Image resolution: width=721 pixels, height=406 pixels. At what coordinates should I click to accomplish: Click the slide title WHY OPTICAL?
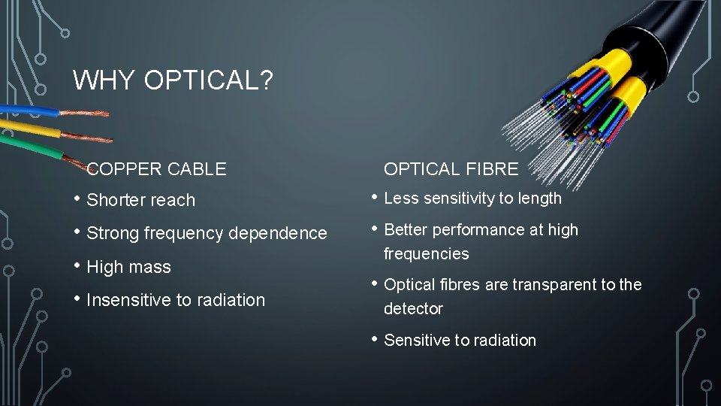[x=172, y=80]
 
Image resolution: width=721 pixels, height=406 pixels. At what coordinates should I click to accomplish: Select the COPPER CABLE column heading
[x=156, y=169]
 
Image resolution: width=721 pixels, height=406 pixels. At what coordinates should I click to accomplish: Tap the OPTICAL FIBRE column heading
[x=451, y=169]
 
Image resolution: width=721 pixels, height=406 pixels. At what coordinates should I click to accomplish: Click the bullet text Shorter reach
[x=140, y=200]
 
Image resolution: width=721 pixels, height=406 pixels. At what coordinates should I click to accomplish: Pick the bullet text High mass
[x=128, y=267]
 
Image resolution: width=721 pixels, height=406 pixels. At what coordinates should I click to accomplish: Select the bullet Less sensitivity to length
[x=472, y=198]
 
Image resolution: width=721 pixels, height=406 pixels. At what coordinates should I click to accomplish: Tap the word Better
[x=406, y=230]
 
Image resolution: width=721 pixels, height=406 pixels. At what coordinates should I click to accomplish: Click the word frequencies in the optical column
[x=426, y=254]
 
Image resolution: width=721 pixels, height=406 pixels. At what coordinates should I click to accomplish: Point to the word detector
[x=413, y=309]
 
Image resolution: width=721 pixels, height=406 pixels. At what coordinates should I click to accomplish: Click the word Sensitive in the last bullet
[x=416, y=341]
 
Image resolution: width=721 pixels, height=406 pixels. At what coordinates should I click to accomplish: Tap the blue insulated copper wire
[x=30, y=111]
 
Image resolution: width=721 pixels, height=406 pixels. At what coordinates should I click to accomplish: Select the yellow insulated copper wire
[x=30, y=129]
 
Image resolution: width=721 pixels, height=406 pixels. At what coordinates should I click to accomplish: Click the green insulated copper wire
[x=30, y=146]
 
